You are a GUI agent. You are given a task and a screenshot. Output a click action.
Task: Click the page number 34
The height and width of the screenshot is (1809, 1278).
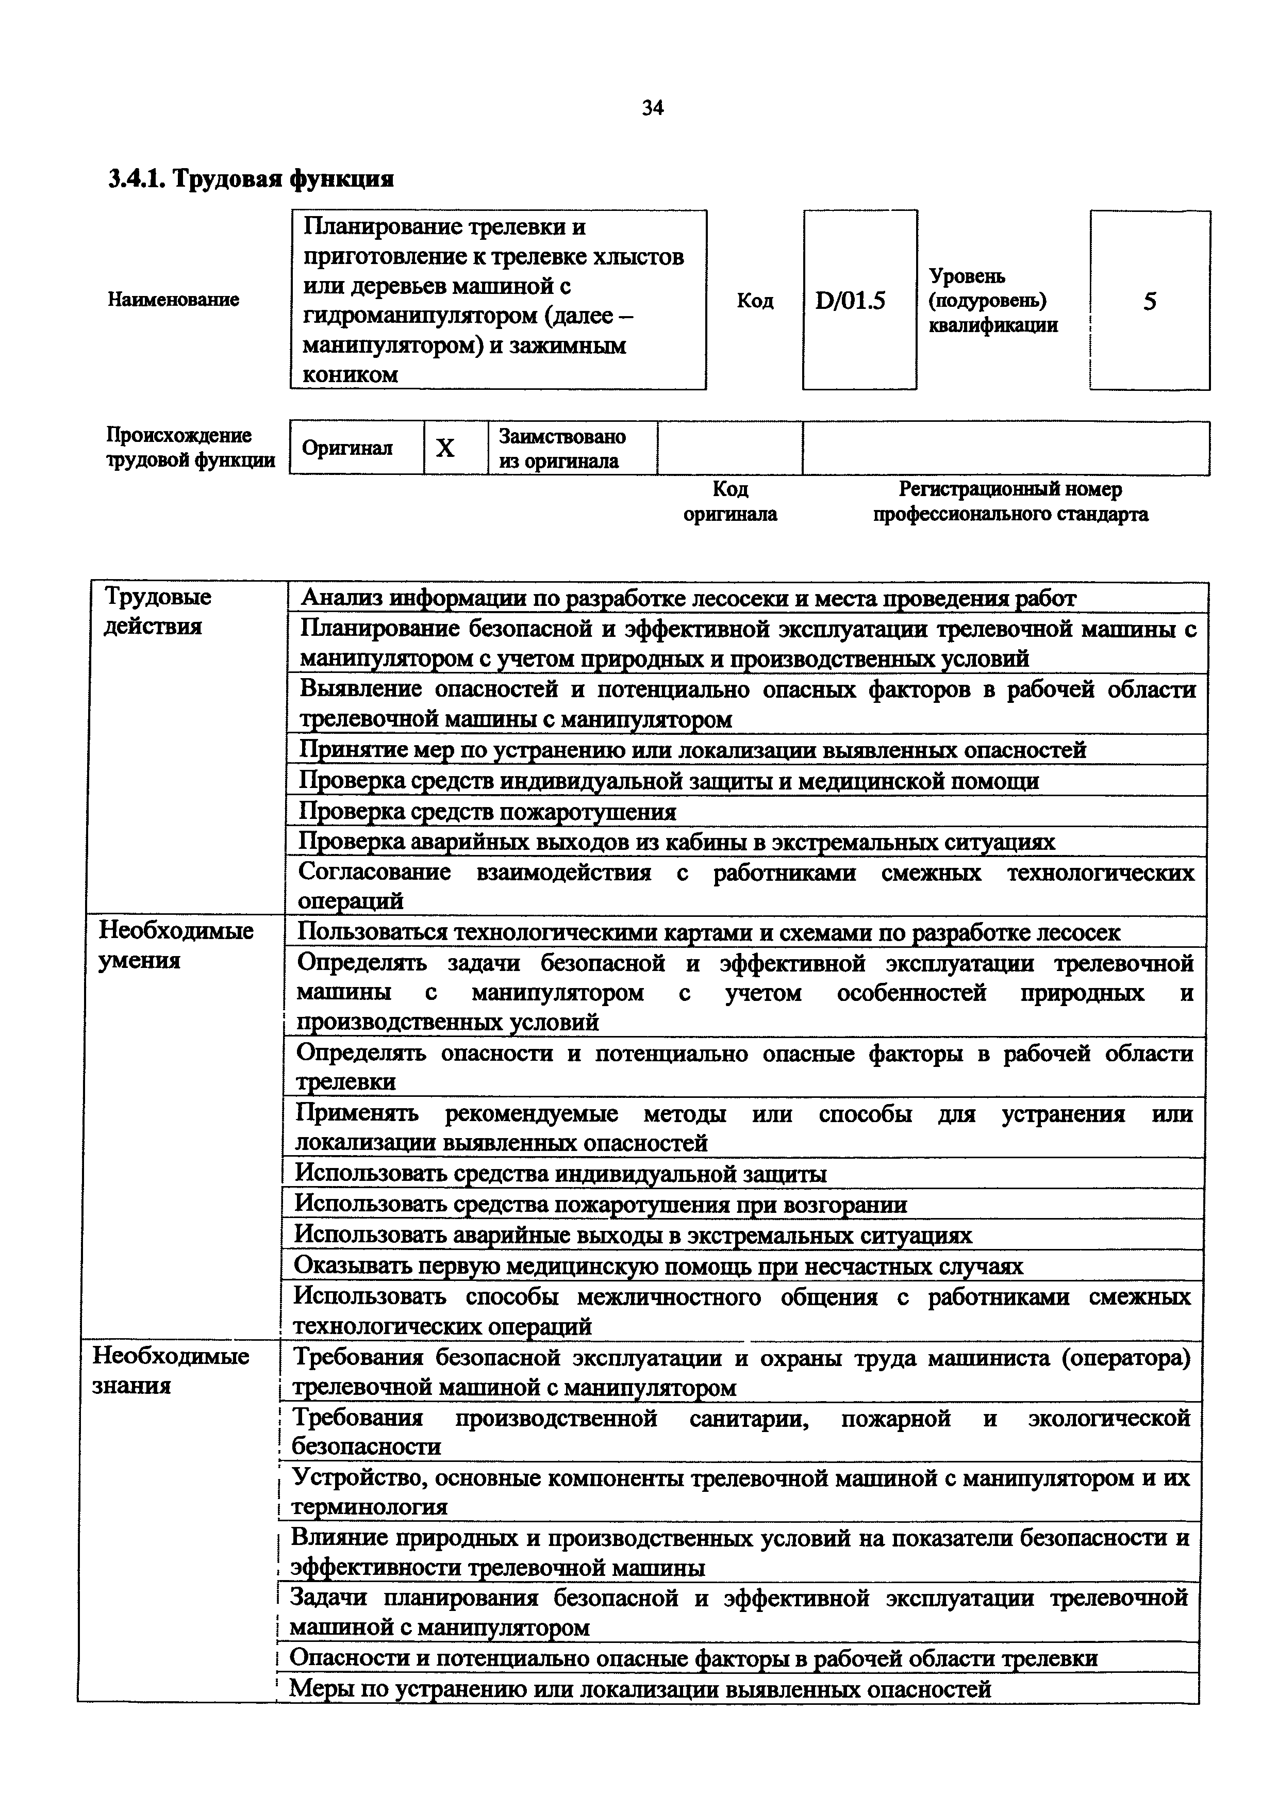click(x=653, y=108)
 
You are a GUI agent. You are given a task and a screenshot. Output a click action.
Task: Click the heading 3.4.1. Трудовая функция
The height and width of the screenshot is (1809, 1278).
click(x=251, y=179)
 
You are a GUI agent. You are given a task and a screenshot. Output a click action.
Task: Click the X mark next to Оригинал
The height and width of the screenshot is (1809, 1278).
click(x=446, y=448)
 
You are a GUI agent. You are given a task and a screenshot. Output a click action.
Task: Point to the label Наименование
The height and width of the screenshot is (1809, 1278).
click(x=173, y=300)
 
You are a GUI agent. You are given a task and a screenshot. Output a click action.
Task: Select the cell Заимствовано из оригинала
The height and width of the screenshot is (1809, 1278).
click(x=562, y=448)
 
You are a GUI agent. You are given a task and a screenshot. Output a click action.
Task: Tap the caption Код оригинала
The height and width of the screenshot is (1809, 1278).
click(x=730, y=501)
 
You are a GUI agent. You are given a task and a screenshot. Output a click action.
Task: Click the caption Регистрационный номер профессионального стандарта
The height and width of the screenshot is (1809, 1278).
click(x=1010, y=501)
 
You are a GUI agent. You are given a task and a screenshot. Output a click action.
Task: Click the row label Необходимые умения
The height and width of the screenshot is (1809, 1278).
click(x=176, y=945)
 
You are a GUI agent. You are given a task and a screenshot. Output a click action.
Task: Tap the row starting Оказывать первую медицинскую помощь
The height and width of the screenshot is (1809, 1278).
click(x=658, y=1265)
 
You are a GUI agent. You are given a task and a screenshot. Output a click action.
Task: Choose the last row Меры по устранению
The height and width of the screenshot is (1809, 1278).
click(x=640, y=1688)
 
